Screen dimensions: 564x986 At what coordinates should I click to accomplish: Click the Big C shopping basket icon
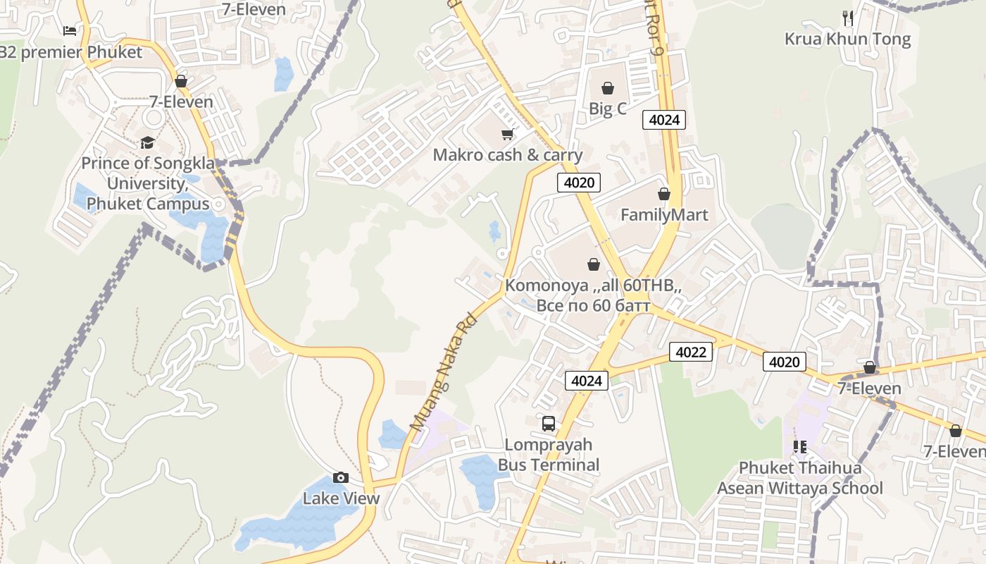607,88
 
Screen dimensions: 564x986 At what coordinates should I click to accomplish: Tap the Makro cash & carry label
507,155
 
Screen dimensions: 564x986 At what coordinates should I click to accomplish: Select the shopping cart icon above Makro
507,134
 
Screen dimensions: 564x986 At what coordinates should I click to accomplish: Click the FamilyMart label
664,215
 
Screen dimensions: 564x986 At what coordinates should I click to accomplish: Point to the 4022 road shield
690,352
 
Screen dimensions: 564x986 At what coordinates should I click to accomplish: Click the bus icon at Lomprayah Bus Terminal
549,424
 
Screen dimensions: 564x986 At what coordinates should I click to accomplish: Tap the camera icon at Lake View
341,478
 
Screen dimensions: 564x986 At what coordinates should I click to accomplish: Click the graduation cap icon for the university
147,143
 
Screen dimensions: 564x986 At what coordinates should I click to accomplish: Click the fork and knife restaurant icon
848,18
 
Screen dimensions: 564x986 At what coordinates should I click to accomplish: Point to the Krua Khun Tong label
848,39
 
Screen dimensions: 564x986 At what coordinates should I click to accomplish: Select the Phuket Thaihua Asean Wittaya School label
800,478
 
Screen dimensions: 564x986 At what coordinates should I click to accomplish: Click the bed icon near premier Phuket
69,31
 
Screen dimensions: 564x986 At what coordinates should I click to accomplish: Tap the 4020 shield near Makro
579,183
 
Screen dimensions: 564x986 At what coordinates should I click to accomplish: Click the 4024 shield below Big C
664,120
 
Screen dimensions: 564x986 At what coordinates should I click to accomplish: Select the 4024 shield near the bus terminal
587,381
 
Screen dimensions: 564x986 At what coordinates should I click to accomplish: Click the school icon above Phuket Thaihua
800,446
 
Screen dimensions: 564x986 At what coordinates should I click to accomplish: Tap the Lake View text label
341,498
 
